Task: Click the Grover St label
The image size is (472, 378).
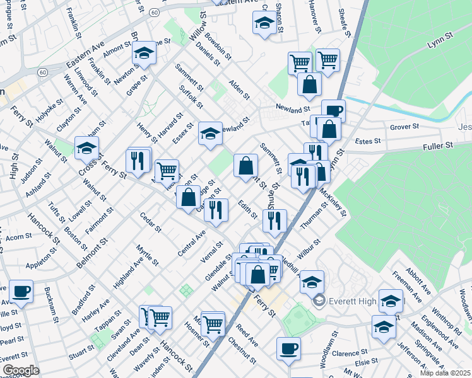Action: click(404, 127)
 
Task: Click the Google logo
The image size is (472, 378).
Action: click(21, 370)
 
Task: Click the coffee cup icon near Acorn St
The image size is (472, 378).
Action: click(21, 291)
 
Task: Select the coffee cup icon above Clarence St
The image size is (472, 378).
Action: click(289, 348)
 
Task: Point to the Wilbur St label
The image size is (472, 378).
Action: click(310, 246)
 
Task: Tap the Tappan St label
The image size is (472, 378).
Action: click(107, 320)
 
